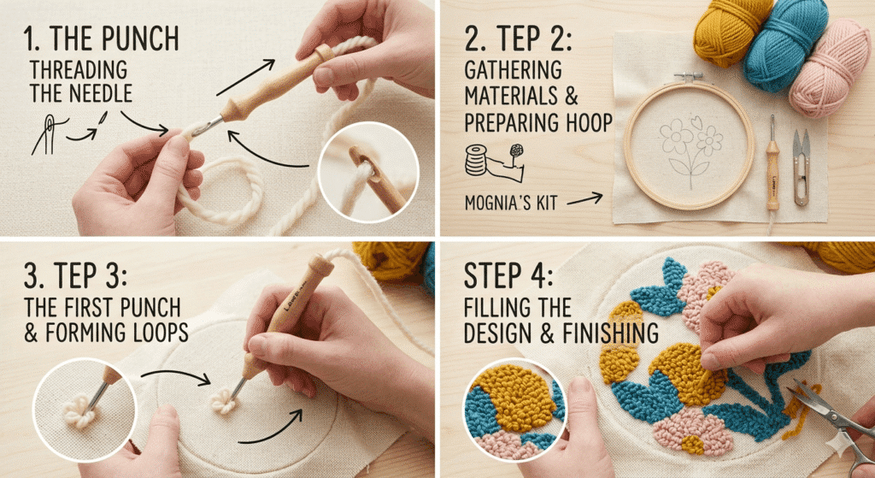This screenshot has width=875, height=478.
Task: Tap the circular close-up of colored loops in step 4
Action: (513, 414)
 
